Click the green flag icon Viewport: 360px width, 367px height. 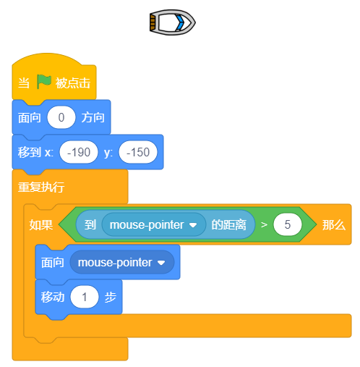click(x=44, y=82)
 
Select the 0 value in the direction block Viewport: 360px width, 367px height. click(x=61, y=117)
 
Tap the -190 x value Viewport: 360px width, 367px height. click(x=79, y=152)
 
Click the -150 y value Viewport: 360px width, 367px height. click(x=138, y=152)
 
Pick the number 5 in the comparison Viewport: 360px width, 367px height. click(x=287, y=224)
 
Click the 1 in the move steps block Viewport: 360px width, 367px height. click(x=85, y=297)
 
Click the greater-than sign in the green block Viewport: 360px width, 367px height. click(x=264, y=225)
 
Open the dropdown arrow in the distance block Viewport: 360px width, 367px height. click(x=193, y=225)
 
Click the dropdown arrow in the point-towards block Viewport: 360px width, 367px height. click(x=161, y=263)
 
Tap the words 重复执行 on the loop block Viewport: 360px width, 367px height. click(x=41, y=187)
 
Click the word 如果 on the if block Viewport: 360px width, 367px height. click(x=41, y=225)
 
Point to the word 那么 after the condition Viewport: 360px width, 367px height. click(x=334, y=225)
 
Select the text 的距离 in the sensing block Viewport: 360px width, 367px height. click(x=228, y=225)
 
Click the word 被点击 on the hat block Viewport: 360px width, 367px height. click(x=73, y=83)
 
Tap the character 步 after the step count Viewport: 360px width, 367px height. click(x=111, y=297)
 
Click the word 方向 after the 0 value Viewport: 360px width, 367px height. click(x=93, y=118)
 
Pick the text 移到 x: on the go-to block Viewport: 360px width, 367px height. click(x=35, y=153)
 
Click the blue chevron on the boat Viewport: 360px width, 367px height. click(x=180, y=22)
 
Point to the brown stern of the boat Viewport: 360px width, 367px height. click(x=153, y=22)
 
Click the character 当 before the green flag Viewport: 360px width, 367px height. click(x=24, y=83)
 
